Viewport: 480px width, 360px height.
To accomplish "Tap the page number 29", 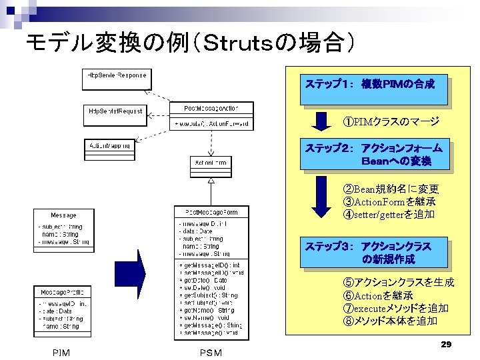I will point(447,344).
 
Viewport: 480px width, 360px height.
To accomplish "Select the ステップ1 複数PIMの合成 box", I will point(373,89).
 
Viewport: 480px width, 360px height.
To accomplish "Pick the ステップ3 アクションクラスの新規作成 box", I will point(373,253).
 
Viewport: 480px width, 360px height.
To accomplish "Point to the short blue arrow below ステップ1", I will point(322,122).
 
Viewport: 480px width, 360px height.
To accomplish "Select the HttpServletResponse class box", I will point(117,79).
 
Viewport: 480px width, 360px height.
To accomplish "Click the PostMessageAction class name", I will point(210,108).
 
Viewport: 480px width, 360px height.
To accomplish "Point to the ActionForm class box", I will point(210,163).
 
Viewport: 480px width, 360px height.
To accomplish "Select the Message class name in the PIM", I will point(63,215).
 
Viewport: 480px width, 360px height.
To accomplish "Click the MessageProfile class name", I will point(63,292).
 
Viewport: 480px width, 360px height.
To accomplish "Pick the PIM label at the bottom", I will point(61,353).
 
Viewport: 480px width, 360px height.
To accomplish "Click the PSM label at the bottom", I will point(211,353).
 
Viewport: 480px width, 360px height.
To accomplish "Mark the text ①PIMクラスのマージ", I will point(391,122).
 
